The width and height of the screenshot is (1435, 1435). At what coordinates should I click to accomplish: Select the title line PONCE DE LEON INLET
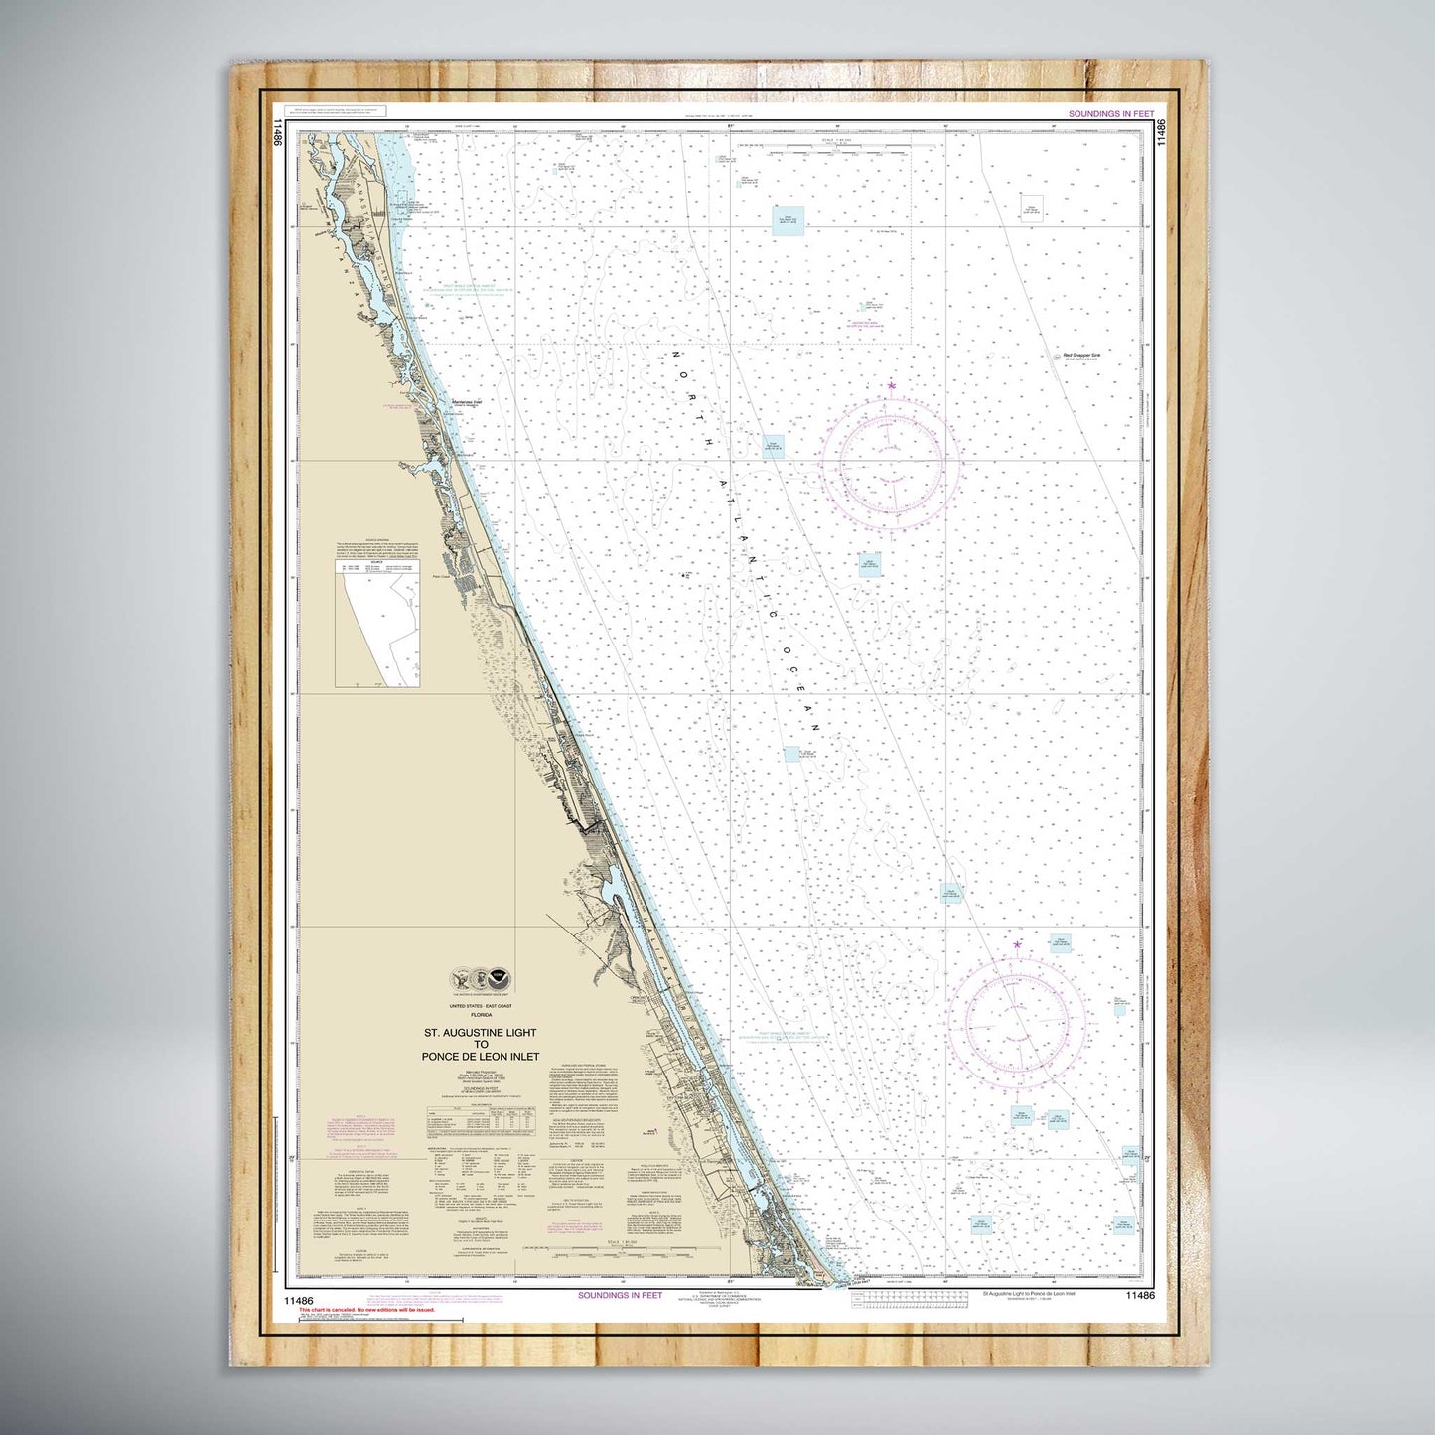point(480,1057)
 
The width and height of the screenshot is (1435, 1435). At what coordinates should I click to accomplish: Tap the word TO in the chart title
point(480,1045)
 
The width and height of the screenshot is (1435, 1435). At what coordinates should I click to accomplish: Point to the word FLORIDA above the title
point(480,1016)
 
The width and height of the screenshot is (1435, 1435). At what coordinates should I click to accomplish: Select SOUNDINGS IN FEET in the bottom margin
point(620,1295)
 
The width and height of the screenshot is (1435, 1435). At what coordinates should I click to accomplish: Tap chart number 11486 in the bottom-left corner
point(298,1296)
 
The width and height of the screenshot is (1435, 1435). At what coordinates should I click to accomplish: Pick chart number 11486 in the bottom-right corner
point(1140,1296)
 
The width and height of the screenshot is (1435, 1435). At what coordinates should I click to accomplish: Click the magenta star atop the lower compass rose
point(1017,944)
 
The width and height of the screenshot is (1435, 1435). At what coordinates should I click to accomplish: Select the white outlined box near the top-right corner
point(1033,208)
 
